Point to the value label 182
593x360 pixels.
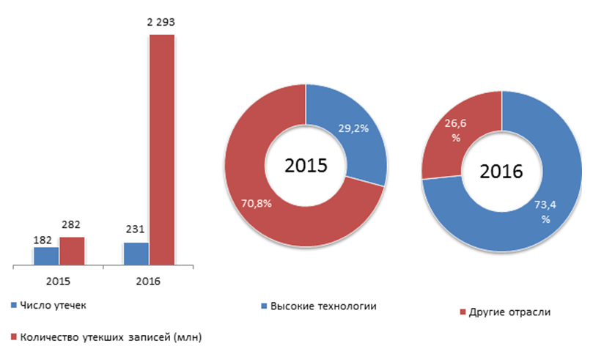pos(43,239)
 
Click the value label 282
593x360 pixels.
pos(72,226)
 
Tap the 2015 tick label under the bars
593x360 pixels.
pos(59,280)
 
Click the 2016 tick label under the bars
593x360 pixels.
pos(148,280)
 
